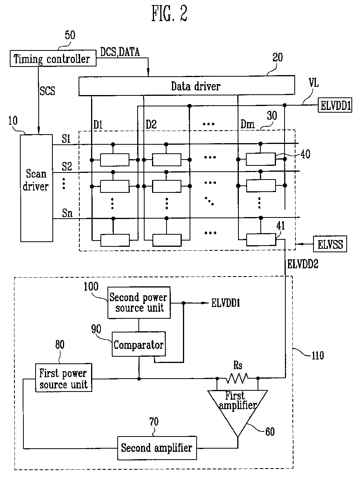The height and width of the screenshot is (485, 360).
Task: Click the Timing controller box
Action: coord(53,58)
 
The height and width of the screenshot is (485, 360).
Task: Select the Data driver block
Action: coord(187,86)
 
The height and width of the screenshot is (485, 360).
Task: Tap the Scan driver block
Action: coord(36,188)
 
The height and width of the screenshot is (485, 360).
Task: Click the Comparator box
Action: coord(139,344)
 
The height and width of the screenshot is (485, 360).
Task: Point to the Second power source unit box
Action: coord(139,302)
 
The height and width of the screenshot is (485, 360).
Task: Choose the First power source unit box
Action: coord(64,377)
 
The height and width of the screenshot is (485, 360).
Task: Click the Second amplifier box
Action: coord(157,448)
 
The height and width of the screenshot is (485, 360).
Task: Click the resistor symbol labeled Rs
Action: coord(237,378)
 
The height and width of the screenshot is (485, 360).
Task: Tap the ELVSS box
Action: coord(330,244)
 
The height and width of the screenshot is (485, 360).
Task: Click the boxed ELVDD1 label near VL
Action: coord(335,105)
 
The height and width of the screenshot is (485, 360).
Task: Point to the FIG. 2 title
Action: coord(170,13)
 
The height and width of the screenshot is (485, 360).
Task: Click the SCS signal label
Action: coord(47,91)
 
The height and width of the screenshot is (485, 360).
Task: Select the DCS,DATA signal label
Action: coord(120,52)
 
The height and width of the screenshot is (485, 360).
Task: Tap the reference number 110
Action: coord(318,355)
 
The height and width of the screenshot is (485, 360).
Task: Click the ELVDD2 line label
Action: coord(303,264)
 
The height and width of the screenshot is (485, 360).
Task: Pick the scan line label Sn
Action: coord(67,213)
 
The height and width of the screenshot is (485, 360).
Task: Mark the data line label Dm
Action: coord(247,124)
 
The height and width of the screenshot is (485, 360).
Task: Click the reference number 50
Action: coord(70,35)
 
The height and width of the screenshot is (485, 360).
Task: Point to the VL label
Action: coord(313,83)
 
